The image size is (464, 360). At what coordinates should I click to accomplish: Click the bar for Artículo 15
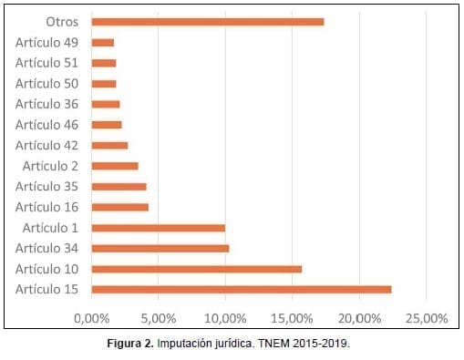242,290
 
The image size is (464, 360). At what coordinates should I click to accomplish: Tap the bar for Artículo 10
197,269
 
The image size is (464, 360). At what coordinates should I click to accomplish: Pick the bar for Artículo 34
160,248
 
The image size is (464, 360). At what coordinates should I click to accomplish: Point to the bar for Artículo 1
159,228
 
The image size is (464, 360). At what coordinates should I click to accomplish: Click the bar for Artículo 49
103,42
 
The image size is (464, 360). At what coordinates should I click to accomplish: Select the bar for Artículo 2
115,166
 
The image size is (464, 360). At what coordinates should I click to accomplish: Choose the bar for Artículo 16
120,207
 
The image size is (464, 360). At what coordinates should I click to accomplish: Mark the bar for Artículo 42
109,145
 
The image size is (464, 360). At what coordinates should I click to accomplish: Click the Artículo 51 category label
46,62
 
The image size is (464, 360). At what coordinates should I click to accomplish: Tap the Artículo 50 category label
46,83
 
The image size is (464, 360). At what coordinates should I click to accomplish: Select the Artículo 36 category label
46,104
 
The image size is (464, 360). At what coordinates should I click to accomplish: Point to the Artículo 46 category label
46,124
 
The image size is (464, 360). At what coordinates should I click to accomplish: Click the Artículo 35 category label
46,186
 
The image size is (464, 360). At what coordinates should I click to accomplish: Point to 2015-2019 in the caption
320,345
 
